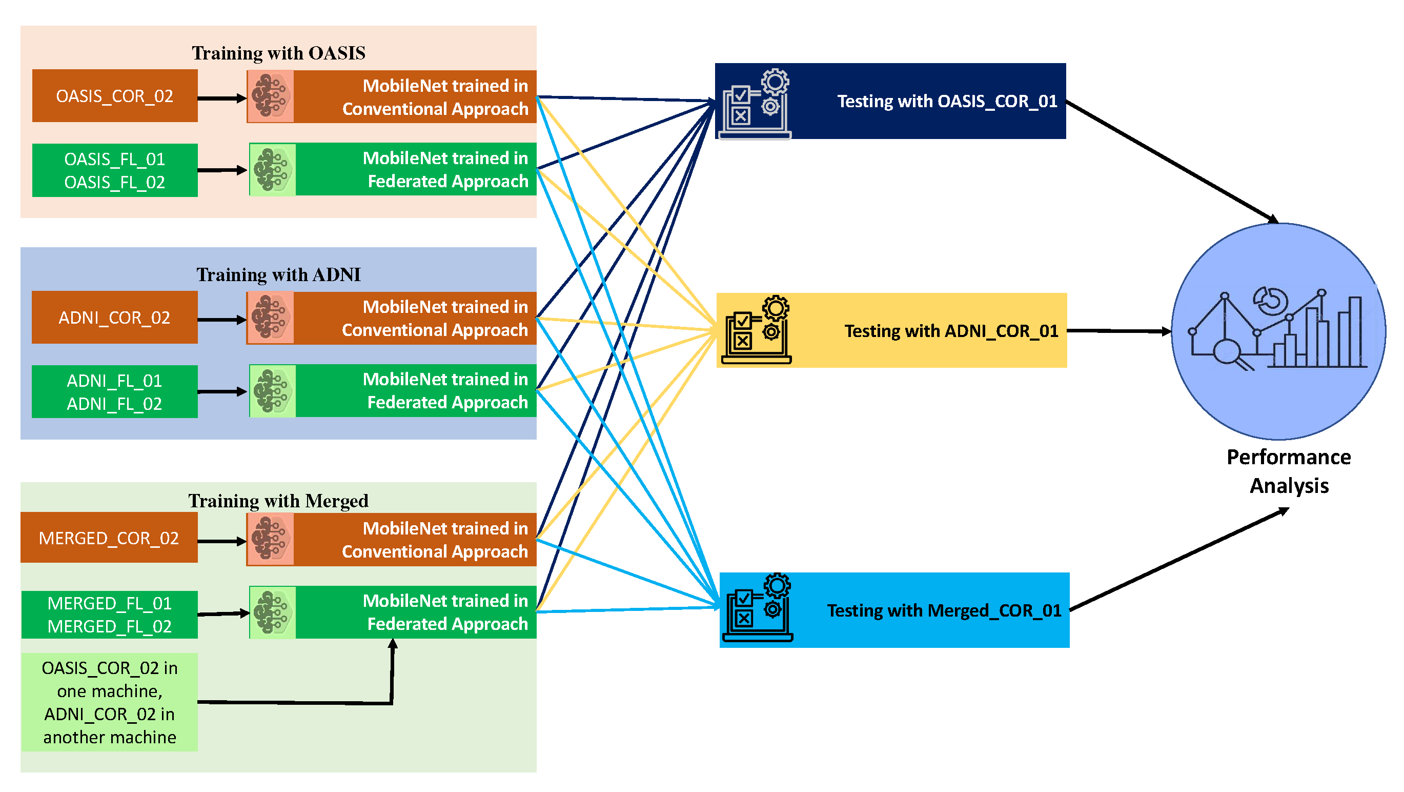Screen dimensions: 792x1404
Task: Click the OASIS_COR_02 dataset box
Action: (x=114, y=96)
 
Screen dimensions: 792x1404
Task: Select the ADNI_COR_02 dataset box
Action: (x=114, y=318)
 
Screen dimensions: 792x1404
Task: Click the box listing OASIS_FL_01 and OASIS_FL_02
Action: (x=114, y=170)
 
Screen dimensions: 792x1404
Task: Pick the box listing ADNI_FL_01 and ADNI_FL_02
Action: (x=114, y=391)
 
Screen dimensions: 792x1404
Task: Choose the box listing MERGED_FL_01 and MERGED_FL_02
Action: (x=109, y=614)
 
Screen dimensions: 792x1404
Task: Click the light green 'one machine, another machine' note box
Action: (x=109, y=703)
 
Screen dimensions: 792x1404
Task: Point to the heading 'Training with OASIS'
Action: (x=278, y=53)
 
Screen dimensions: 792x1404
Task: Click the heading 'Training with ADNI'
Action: (x=278, y=274)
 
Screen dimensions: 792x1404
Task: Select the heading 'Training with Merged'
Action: (x=278, y=501)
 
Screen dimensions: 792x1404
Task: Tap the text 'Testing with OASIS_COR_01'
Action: (x=947, y=101)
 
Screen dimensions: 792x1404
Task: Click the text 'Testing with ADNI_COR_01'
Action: (x=951, y=331)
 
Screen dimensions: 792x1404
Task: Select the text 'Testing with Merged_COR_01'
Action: (x=944, y=610)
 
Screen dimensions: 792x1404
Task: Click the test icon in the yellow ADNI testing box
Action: (x=756, y=330)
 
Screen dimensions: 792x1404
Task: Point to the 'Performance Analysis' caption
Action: (x=1289, y=471)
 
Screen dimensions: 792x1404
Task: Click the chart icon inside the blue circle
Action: (x=1278, y=329)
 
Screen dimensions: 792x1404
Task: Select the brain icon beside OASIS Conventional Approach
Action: (x=271, y=96)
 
